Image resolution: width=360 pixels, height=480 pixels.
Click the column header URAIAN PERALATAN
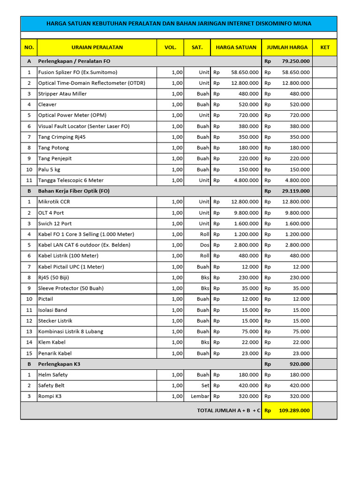(97, 47)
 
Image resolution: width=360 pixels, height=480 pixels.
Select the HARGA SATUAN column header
(236, 47)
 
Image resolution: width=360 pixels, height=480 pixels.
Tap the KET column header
(324, 47)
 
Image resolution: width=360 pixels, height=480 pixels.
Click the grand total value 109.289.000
(294, 410)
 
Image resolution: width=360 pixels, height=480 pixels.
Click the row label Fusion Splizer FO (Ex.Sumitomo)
(78, 72)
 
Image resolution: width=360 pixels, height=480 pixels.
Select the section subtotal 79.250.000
(295, 61)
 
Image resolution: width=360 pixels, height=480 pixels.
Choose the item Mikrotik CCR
(55, 202)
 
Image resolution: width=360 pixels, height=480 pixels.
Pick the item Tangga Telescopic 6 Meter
(71, 180)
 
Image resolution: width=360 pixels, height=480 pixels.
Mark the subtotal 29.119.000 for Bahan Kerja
(295, 191)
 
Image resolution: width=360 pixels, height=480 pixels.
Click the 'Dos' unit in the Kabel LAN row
(204, 245)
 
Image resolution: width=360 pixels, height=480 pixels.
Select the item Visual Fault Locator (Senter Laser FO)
(84, 126)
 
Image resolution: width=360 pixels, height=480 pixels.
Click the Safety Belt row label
(52, 385)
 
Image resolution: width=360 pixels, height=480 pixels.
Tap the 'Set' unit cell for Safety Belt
(205, 385)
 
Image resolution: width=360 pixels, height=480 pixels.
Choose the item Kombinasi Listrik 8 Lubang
(71, 331)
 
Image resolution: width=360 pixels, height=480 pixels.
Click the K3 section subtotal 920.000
(300, 364)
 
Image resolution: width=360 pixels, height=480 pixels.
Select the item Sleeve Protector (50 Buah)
(71, 288)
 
